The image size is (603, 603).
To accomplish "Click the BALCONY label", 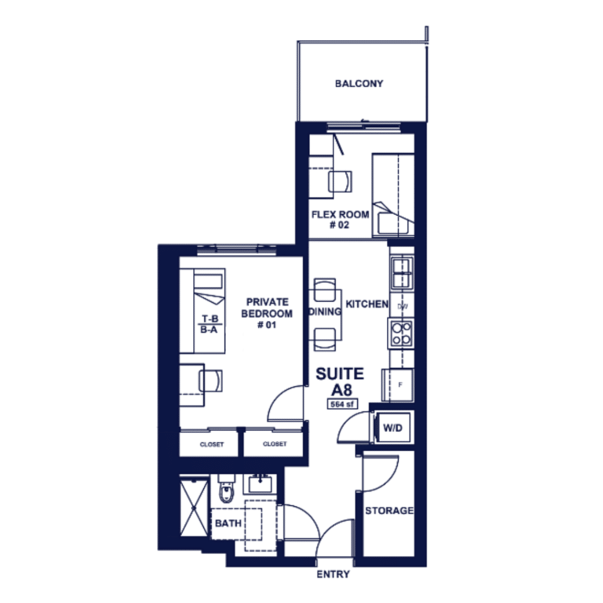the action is tap(359, 84).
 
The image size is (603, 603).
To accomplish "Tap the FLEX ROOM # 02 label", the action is tap(340, 220).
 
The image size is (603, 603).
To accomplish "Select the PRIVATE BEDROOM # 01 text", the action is tap(267, 313).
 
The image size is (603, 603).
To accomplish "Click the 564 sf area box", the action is tap(342, 404).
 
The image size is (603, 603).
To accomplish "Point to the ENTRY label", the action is tap(333, 574).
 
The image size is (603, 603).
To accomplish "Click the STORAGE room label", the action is tap(389, 511).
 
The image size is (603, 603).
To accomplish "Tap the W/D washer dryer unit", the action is tap(393, 428).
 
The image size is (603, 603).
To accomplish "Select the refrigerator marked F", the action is tap(398, 385).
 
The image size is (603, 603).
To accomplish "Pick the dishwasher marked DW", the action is tap(402, 306).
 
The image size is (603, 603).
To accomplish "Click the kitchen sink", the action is tap(402, 273).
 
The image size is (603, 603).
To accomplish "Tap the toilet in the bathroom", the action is tap(226, 489).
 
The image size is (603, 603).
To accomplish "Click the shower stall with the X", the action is tap(194, 507).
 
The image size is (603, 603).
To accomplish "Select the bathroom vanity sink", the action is tap(260, 484).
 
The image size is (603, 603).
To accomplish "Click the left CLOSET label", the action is tap(211, 444).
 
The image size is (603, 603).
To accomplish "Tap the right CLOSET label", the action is tap(274, 444).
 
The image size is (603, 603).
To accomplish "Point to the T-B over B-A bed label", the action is tap(210, 324).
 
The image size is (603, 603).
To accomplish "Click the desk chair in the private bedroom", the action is tap(211, 381).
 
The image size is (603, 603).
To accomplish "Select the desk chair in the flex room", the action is tap(340, 181).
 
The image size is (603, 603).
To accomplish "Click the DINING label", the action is tap(325, 312).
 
